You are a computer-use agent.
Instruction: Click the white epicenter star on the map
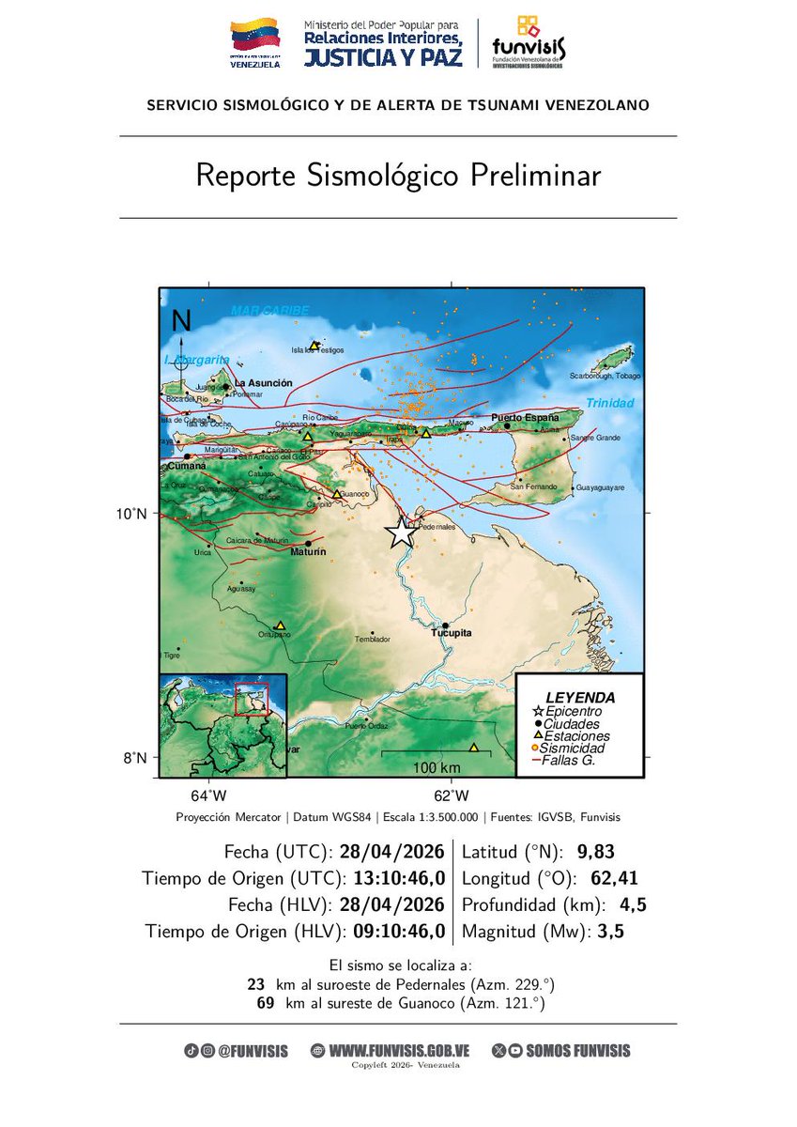click(x=401, y=533)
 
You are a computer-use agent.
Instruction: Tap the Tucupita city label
click(x=451, y=634)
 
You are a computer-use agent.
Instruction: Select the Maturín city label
click(x=308, y=552)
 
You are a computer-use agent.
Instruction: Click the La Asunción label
click(x=264, y=383)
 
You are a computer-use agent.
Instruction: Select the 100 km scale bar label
click(x=436, y=768)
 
